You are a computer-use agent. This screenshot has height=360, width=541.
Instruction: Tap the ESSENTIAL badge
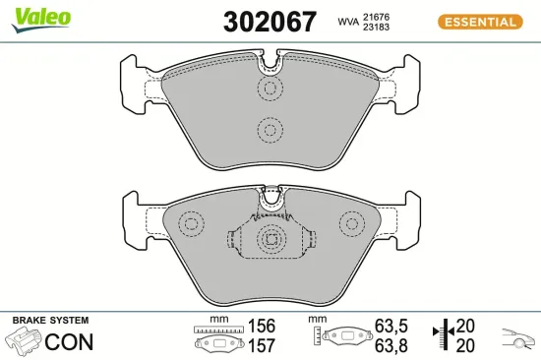(x=480, y=22)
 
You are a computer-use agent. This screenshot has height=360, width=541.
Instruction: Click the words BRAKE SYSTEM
(x=49, y=321)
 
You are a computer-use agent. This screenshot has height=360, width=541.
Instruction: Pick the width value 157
(x=261, y=345)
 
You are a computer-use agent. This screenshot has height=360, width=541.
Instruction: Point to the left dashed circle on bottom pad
(x=190, y=223)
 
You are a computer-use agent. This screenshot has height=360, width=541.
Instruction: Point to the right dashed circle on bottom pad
(x=349, y=223)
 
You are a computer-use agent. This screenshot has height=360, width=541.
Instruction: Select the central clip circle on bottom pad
(x=270, y=239)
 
